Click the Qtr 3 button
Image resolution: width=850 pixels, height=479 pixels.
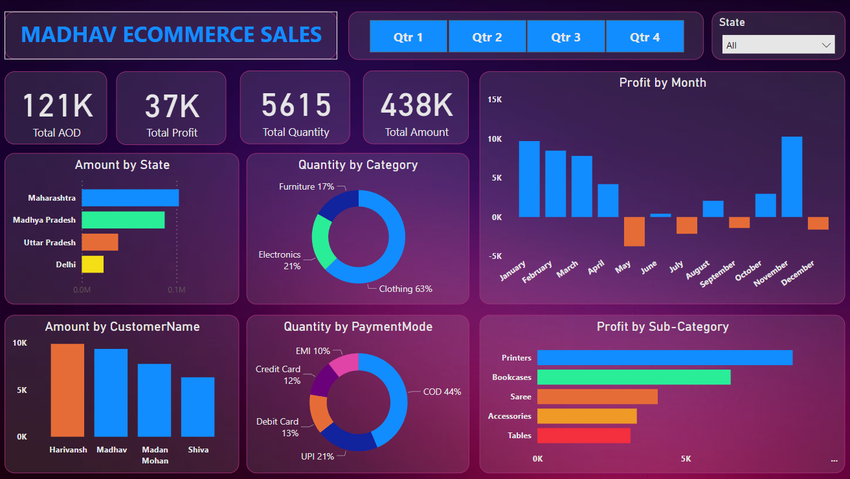566,37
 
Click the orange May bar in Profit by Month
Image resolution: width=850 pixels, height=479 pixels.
634,231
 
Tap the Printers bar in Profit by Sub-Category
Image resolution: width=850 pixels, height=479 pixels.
664,358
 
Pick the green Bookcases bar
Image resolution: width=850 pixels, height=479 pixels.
634,377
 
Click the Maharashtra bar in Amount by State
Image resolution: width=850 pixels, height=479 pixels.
130,197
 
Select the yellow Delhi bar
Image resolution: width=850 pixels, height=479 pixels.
93,264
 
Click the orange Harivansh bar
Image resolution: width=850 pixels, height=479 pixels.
67,390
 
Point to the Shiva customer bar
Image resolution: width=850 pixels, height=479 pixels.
197,407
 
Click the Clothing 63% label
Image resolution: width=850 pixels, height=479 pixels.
405,289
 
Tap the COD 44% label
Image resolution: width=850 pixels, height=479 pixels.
442,392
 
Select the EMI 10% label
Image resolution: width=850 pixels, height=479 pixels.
312,351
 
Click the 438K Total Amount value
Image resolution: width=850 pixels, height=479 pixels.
416,106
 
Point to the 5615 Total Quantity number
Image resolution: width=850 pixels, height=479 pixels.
296,106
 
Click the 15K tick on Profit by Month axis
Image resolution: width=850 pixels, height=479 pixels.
495,100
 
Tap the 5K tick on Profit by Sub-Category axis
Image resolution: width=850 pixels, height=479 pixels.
686,459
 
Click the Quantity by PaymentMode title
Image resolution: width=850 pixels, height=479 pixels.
357,327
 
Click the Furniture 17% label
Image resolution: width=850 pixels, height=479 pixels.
306,186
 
